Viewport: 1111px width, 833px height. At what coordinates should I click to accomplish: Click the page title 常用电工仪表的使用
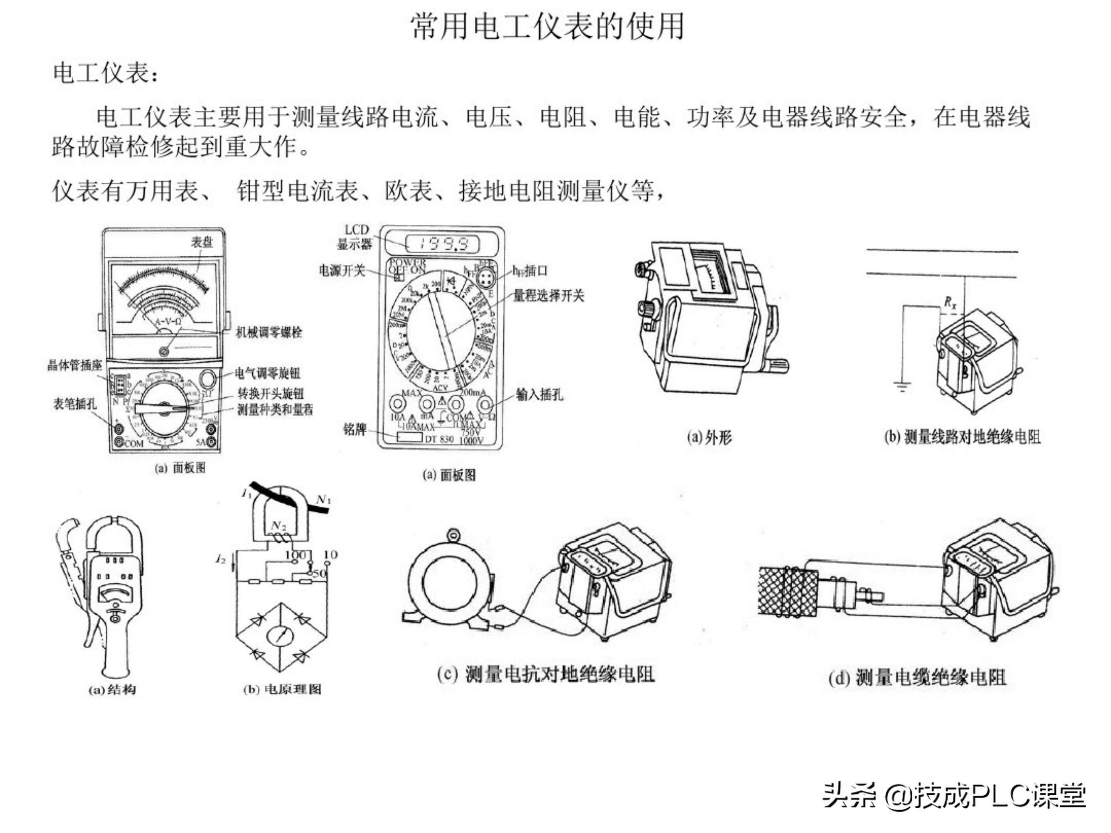point(547,26)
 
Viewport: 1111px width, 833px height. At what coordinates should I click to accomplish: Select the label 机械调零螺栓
point(269,332)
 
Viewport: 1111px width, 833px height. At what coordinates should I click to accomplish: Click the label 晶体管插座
point(74,366)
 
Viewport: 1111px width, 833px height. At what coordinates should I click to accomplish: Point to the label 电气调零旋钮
point(268,373)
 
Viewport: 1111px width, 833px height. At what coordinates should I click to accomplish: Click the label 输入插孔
point(539,395)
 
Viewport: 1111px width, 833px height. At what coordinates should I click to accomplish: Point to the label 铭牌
point(355,430)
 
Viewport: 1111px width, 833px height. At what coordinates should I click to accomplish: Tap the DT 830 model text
point(439,439)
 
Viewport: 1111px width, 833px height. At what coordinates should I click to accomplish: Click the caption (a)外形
point(709,438)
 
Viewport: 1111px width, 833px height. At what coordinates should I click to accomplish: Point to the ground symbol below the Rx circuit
point(903,387)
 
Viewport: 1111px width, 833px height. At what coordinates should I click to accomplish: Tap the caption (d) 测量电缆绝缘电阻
point(917,678)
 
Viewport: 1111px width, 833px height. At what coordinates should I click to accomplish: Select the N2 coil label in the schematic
point(279,526)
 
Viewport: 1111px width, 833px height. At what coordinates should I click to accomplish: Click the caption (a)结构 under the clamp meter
point(112,690)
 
